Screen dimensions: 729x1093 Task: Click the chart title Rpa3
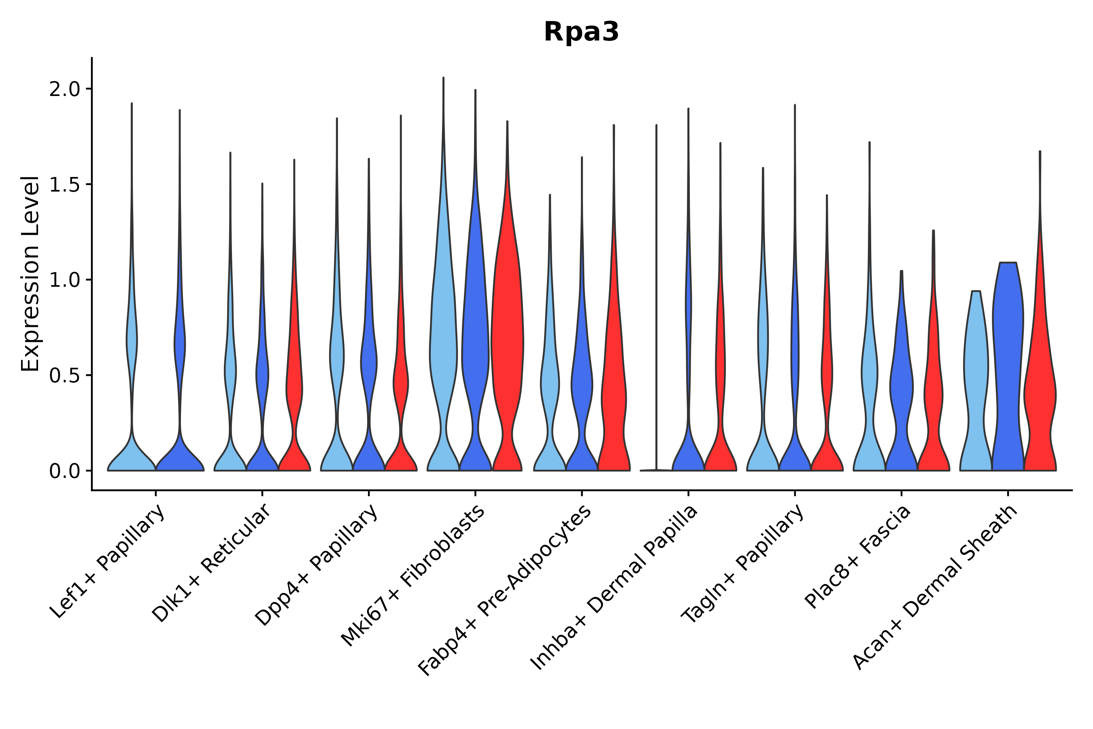[x=581, y=32]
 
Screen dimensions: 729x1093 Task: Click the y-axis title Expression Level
[x=30, y=273]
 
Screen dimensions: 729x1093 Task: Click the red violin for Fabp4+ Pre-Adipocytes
[x=613, y=395]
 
